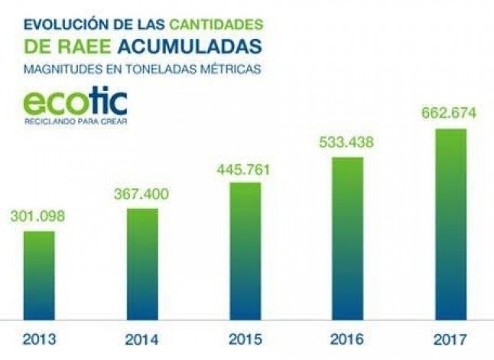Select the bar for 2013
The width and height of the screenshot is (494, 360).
pyautogui.click(x=38, y=275)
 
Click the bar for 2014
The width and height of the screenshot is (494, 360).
pyautogui.click(x=141, y=264)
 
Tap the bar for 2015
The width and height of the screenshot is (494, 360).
pyautogui.click(x=245, y=251)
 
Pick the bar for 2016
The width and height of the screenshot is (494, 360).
pyautogui.click(x=347, y=238)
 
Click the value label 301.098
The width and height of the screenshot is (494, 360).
pyautogui.click(x=38, y=217)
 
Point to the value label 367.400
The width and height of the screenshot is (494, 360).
pyautogui.click(x=141, y=196)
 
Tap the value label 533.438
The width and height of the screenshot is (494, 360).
pyautogui.click(x=347, y=143)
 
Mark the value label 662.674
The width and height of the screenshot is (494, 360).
pyautogui.click(x=450, y=114)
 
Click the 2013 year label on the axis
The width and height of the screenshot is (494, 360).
pyautogui.click(x=38, y=338)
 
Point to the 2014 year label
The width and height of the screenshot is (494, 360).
pyautogui.click(x=141, y=338)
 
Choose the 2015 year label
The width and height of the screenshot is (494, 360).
pyautogui.click(x=245, y=338)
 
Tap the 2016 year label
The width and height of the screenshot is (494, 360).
pyautogui.click(x=347, y=338)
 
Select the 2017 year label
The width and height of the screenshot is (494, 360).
pyautogui.click(x=450, y=338)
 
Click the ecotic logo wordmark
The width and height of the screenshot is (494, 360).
pyautogui.click(x=74, y=103)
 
